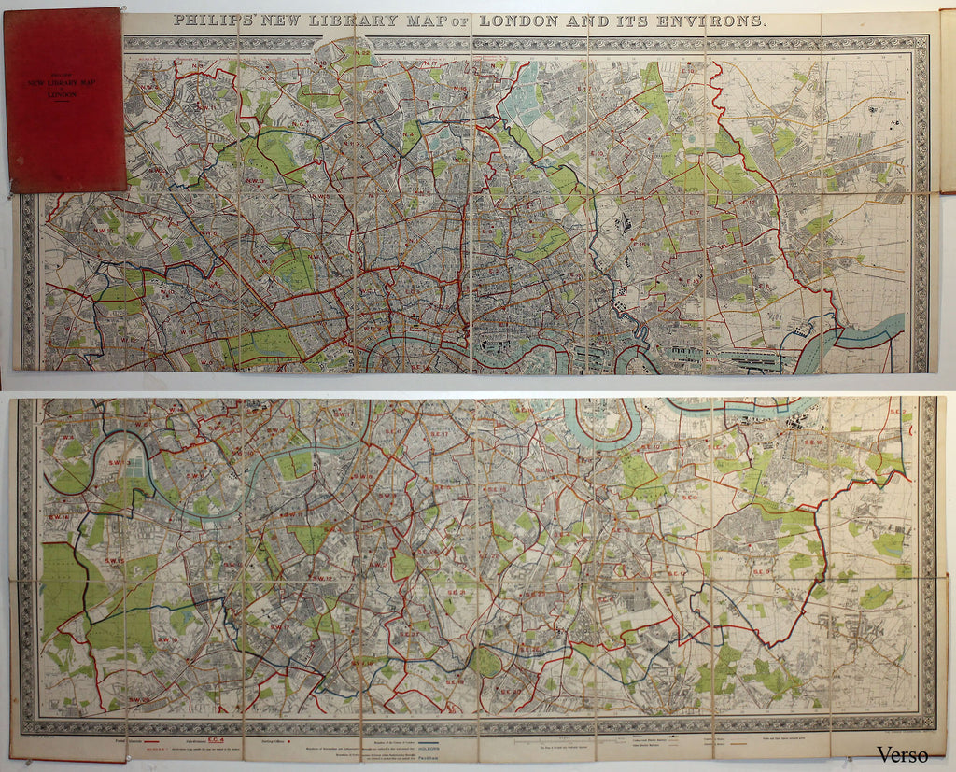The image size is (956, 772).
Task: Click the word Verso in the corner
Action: pyautogui.click(x=902, y=753)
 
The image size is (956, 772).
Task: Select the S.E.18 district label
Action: pyautogui.click(x=811, y=442)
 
